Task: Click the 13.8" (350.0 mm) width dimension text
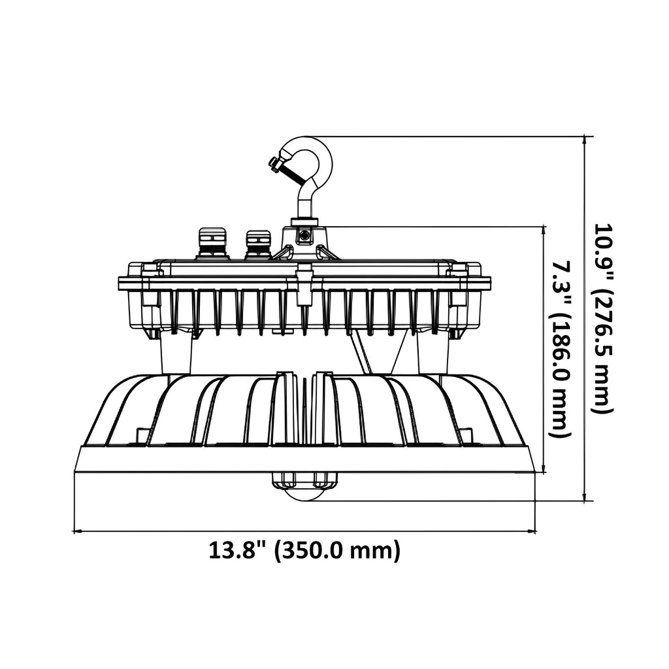[304, 551]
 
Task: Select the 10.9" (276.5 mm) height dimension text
[603, 318]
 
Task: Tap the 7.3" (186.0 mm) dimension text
[560, 350]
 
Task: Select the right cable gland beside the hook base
[257, 244]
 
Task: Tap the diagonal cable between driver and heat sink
[362, 353]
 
